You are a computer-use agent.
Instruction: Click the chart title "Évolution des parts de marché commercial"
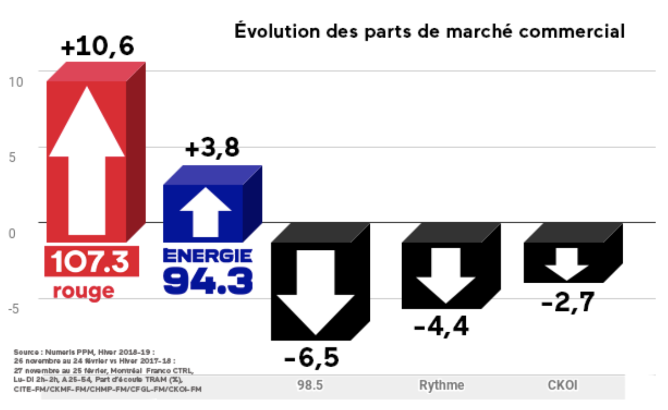pyautogui.click(x=429, y=31)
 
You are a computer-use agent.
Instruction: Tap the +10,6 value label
pyautogui.click(x=98, y=48)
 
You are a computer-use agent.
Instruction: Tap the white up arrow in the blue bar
pyautogui.click(x=205, y=212)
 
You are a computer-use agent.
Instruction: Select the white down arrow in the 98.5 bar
pyautogui.click(x=315, y=291)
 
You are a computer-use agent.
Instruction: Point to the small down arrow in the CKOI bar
pyautogui.click(x=566, y=269)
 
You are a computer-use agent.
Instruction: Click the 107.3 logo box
pyautogui.click(x=91, y=261)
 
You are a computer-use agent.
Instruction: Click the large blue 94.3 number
pyautogui.click(x=208, y=281)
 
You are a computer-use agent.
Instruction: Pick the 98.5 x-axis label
pyautogui.click(x=311, y=386)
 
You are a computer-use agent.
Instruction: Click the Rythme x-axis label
pyautogui.click(x=441, y=386)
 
